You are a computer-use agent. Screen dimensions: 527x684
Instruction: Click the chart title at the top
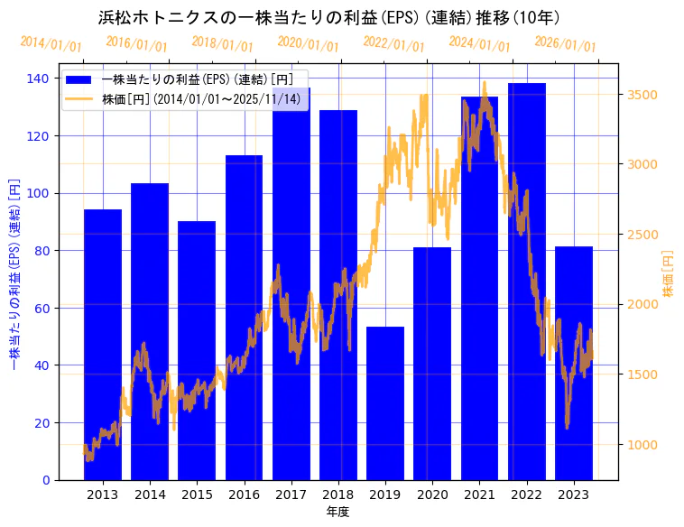(x=328, y=18)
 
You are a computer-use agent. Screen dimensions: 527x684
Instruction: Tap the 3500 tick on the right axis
(x=642, y=95)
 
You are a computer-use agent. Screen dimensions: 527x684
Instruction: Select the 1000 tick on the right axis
(x=642, y=445)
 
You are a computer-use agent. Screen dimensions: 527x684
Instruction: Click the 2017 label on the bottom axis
(x=291, y=495)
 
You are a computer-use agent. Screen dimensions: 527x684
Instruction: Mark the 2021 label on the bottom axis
(x=479, y=495)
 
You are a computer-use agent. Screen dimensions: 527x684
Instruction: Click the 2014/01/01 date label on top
(x=51, y=44)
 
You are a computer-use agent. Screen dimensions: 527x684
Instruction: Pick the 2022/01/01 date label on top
(x=393, y=44)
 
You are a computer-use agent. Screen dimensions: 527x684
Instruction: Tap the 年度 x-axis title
(x=337, y=512)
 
